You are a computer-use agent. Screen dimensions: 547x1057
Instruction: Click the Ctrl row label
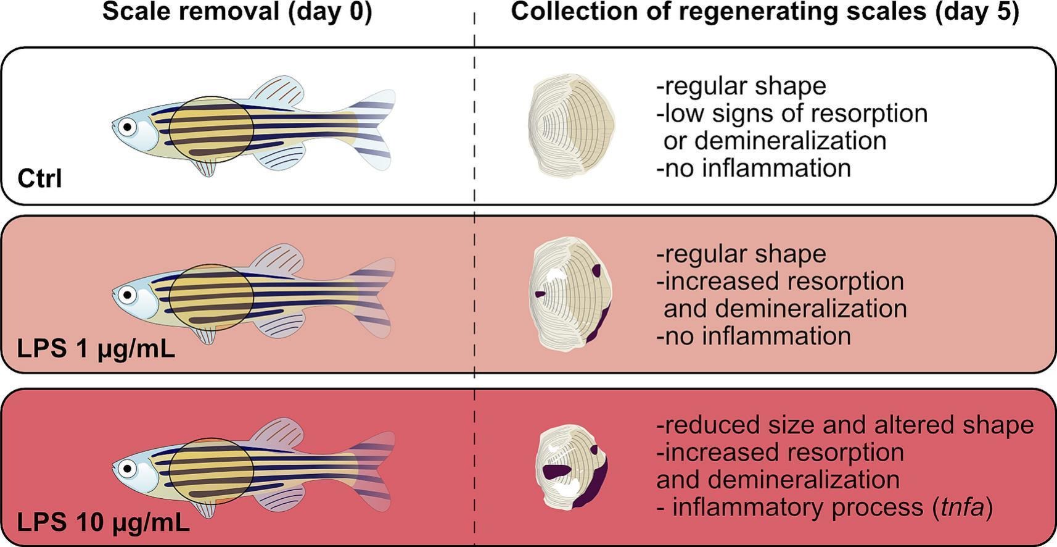[40, 179]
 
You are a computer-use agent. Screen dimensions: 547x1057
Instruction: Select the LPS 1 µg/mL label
[96, 349]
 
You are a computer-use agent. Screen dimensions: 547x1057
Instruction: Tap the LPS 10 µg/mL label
[103, 523]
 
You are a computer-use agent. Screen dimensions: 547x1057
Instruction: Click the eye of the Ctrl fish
[128, 127]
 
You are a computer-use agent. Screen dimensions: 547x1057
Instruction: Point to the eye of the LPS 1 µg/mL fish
[128, 295]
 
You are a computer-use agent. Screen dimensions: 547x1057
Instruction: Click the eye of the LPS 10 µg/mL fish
[128, 468]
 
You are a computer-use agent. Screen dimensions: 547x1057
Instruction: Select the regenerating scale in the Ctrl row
[572, 126]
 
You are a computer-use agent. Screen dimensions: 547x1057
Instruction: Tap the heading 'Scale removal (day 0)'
[237, 12]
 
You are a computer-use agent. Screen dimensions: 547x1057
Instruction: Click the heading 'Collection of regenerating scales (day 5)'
[765, 12]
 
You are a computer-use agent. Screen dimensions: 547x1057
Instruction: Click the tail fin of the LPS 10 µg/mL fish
[373, 469]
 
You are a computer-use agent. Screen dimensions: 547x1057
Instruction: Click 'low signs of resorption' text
[796, 114]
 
